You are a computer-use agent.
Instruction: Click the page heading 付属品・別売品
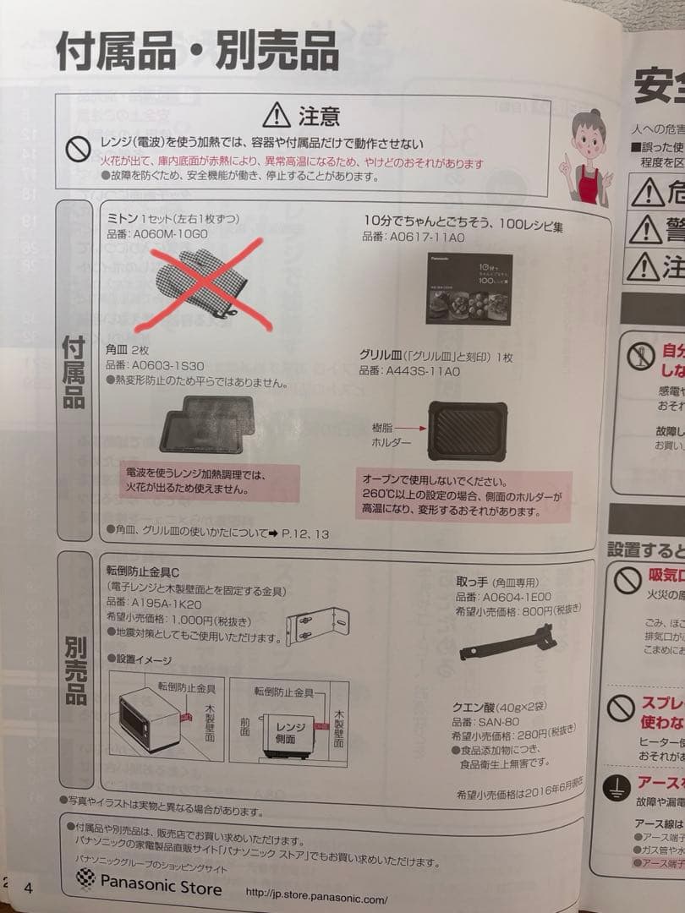(x=197, y=52)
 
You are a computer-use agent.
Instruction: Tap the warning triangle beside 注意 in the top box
(x=276, y=114)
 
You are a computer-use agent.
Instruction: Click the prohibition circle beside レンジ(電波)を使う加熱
(x=79, y=150)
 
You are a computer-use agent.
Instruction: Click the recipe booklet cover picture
(x=468, y=288)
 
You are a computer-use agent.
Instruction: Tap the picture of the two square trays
(x=206, y=427)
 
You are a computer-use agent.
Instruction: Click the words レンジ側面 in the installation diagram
(x=288, y=733)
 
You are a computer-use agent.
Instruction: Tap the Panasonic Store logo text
(x=161, y=886)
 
